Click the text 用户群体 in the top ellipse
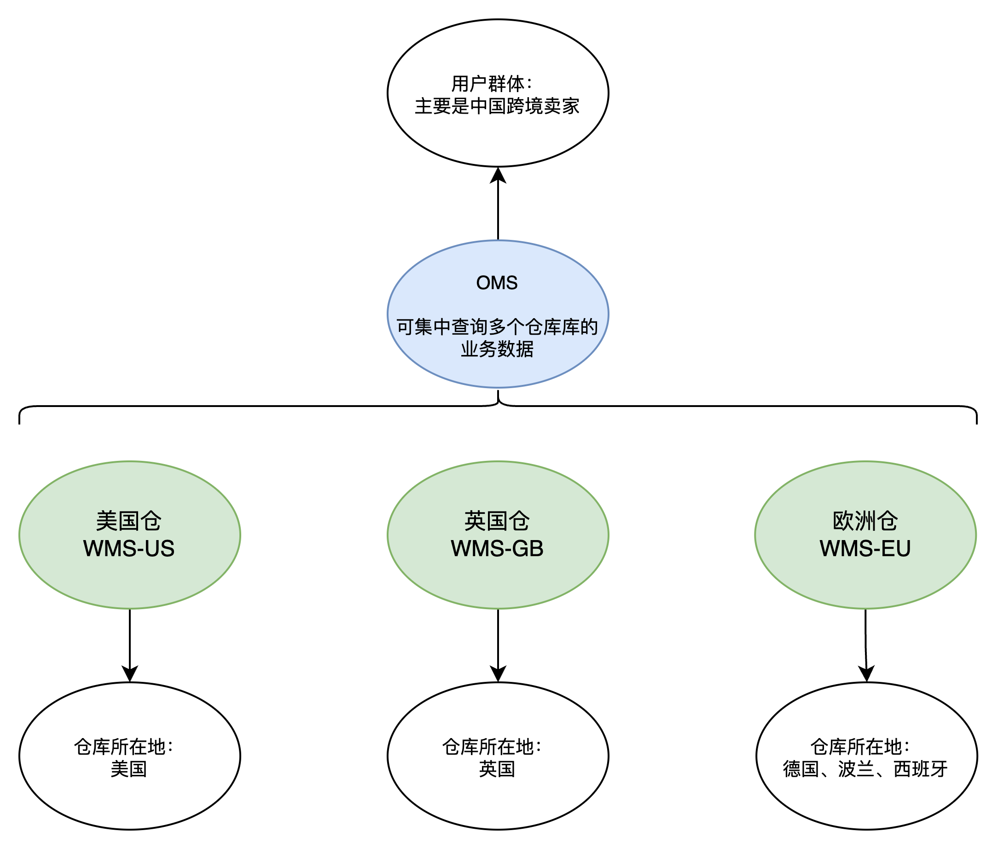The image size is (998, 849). click(487, 84)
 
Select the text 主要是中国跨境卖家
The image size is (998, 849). click(497, 106)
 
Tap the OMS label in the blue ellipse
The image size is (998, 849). click(497, 283)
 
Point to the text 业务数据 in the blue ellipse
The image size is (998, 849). click(497, 349)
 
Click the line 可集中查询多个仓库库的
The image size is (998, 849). click(497, 327)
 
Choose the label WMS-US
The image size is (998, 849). click(129, 549)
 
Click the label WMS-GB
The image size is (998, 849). click(497, 549)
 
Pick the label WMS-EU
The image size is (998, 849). click(865, 549)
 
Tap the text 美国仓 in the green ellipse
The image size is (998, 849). click(129, 521)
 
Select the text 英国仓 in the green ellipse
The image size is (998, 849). click(497, 521)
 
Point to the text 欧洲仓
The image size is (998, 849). click(865, 521)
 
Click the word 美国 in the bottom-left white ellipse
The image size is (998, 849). click(129, 769)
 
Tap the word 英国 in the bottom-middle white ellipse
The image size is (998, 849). click(497, 769)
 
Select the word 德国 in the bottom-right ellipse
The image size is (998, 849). click(801, 769)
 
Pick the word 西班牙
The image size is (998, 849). click(921, 769)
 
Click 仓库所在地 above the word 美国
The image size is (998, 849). click(120, 747)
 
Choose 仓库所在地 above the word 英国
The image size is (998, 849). click(488, 747)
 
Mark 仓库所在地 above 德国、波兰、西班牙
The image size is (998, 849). click(857, 747)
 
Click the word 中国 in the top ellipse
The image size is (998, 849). click(487, 106)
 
